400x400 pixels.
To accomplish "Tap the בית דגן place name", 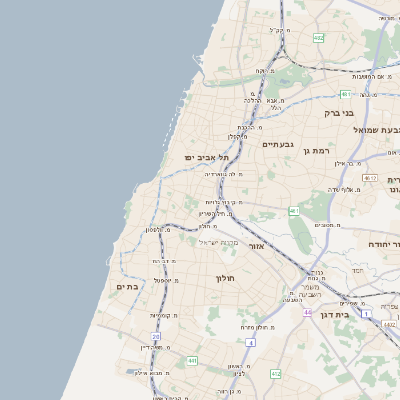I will (x=337, y=314).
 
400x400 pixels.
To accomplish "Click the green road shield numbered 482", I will (x=318, y=38).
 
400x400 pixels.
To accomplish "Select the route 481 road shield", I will (x=345, y=94).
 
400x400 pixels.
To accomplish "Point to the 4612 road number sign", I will (x=370, y=178).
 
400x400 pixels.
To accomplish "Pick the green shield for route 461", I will (x=294, y=211).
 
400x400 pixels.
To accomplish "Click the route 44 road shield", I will (x=307, y=313).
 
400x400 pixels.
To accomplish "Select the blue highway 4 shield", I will (x=252, y=343).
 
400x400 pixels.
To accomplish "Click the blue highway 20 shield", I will (x=156, y=337).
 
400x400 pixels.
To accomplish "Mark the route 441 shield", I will (x=191, y=360).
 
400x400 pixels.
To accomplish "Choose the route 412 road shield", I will (x=275, y=374).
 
